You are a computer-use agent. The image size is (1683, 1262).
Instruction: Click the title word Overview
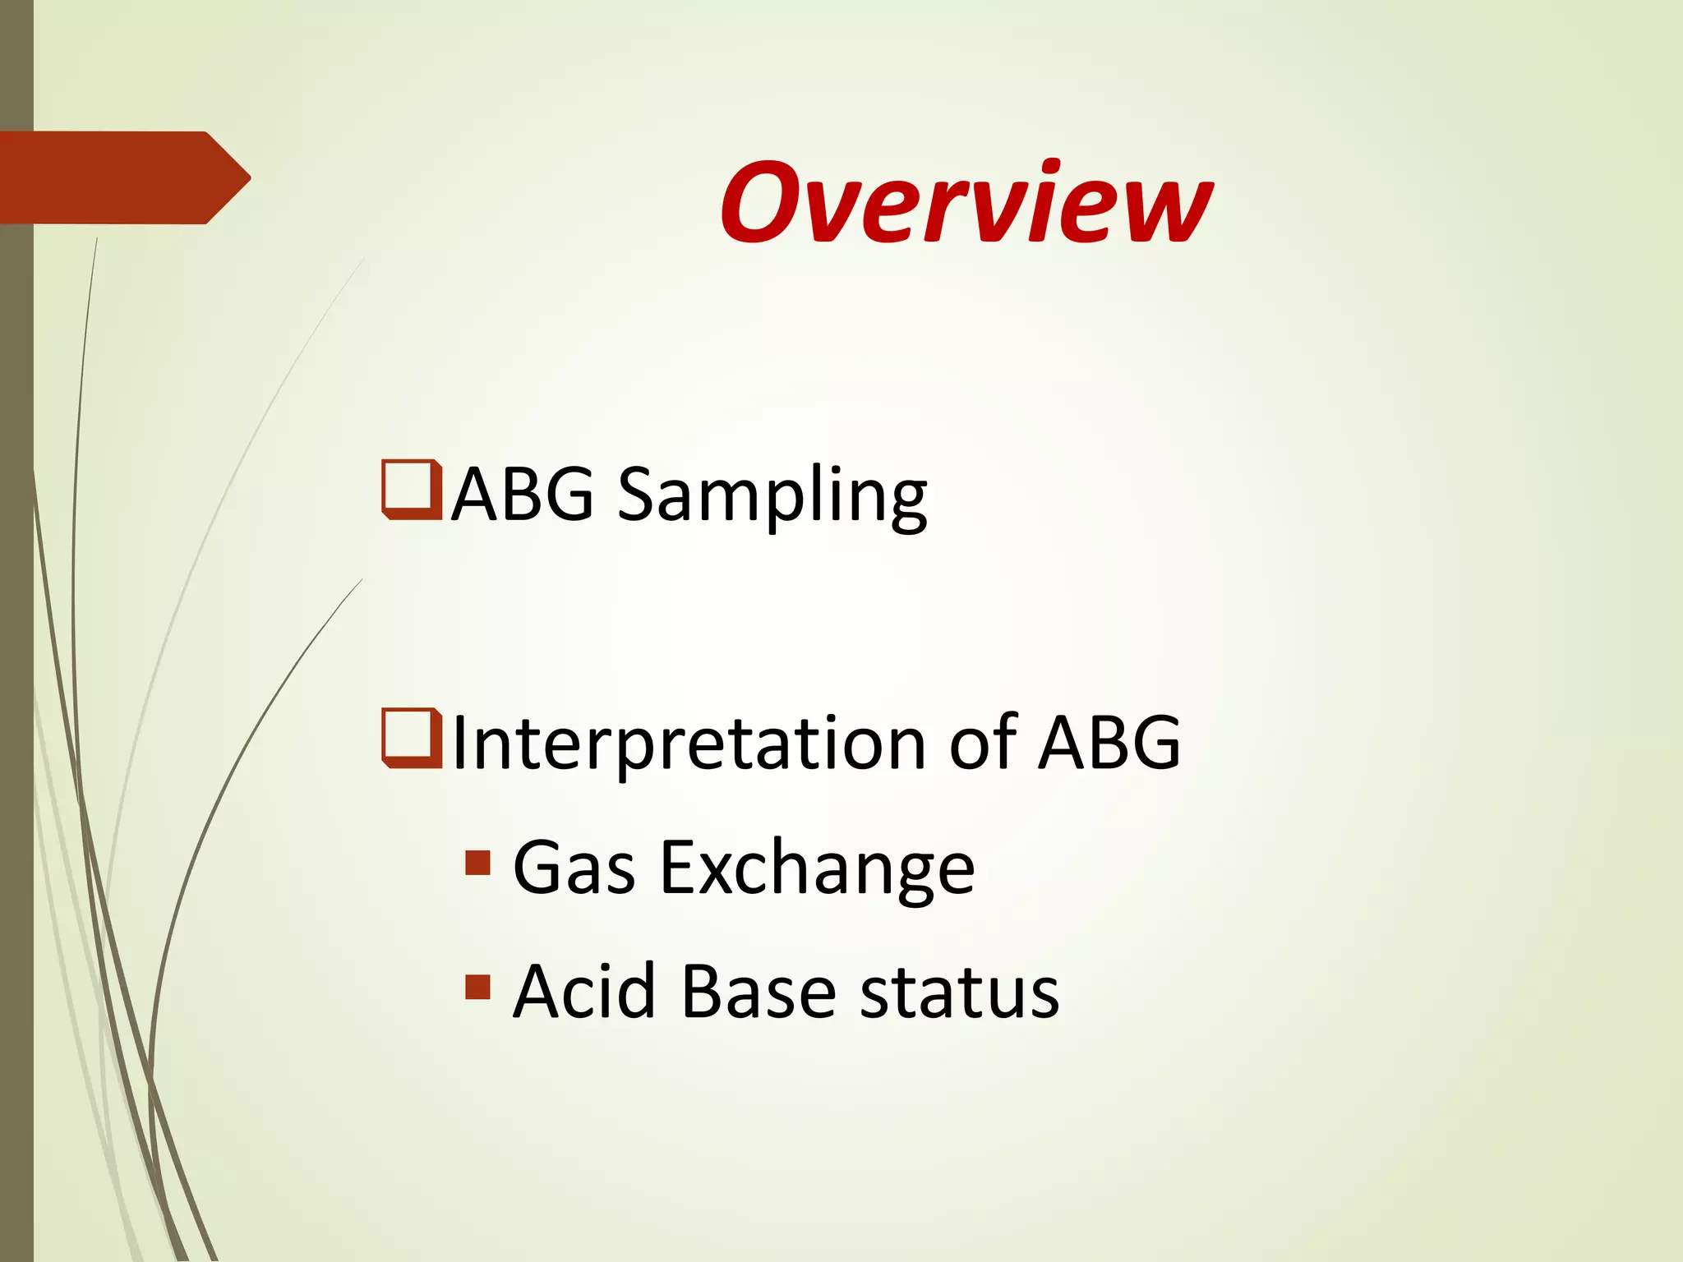point(966,202)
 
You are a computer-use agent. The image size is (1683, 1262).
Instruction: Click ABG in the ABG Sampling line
point(522,494)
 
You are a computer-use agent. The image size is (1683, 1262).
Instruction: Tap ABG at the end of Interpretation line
point(1109,742)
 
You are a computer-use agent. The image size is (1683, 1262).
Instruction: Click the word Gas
point(574,868)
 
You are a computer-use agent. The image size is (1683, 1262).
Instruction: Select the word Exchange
point(817,870)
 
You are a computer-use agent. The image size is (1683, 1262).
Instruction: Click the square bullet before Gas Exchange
point(477,863)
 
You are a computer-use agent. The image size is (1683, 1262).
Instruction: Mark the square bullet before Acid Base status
point(477,987)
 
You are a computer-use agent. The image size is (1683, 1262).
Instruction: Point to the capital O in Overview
point(762,203)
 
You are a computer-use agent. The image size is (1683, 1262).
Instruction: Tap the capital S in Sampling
point(642,495)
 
